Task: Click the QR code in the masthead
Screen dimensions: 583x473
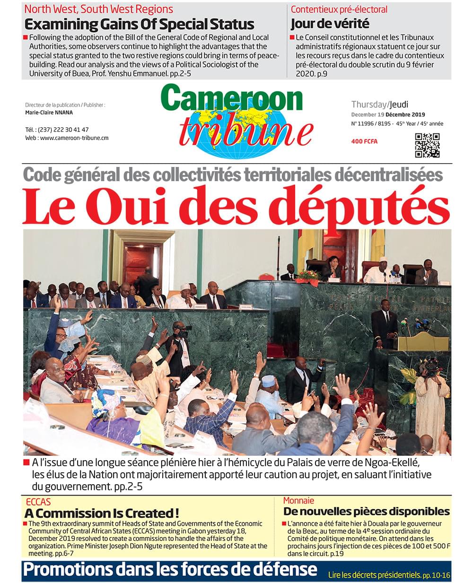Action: point(427,145)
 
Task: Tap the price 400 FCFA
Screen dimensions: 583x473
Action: point(364,141)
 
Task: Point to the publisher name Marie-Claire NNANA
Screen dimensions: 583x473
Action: point(49,113)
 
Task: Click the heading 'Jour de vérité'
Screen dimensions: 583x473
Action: point(330,24)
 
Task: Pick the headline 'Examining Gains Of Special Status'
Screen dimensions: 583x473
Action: point(139,24)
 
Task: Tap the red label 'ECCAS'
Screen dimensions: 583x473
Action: point(37,502)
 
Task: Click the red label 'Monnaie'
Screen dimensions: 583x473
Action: point(298,500)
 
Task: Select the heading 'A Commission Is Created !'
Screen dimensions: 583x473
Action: point(102,513)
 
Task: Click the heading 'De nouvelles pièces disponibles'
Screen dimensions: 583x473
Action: point(366,511)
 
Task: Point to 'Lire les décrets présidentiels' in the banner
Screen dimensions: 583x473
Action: point(374,575)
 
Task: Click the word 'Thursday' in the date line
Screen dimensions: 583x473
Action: point(369,104)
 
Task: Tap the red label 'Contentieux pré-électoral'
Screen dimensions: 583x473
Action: point(339,9)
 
